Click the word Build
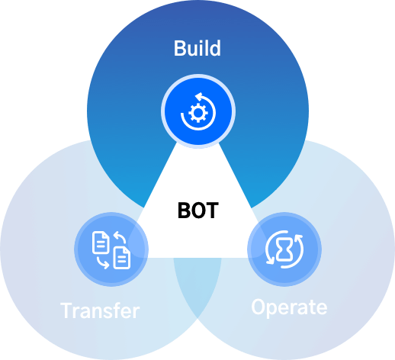coord(197,48)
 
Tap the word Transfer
coord(100,310)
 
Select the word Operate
coord(289,307)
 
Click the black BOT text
coord(198,211)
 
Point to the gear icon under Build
coord(198,113)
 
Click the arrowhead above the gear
coord(198,97)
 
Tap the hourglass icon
coord(284,249)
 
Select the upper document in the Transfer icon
coord(101,243)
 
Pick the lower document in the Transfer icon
coord(122,258)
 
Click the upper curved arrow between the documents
coord(120,236)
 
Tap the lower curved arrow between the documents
coord(103,263)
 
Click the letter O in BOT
coord(198,211)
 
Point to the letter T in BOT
coord(212,211)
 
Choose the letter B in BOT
coord(184,211)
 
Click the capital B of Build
coord(179,48)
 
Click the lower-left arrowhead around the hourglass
coord(270,261)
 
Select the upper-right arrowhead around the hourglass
coord(299,238)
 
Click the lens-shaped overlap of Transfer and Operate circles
coord(197,284)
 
